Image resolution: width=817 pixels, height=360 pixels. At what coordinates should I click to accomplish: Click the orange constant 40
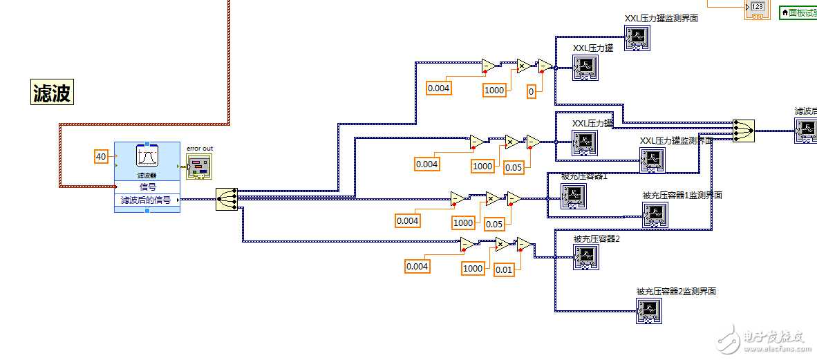[101, 157]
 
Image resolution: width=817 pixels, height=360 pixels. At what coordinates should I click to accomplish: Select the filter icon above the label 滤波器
[147, 158]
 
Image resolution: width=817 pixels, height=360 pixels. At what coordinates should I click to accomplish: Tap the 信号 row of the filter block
[147, 187]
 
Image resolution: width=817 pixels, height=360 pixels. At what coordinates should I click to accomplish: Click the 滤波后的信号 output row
[146, 200]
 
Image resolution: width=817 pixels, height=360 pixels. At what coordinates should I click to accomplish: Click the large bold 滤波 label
[52, 92]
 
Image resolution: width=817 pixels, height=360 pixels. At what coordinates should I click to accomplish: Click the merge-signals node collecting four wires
[744, 130]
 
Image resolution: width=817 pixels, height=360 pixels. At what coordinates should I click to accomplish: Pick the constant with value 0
[531, 91]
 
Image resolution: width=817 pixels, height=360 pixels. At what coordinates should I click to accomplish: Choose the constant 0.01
[504, 269]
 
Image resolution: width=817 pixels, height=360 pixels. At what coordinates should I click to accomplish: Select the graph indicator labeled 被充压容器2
[585, 257]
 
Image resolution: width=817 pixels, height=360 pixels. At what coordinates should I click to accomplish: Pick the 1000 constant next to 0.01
[473, 269]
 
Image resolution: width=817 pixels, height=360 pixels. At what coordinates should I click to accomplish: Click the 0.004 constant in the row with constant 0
[439, 88]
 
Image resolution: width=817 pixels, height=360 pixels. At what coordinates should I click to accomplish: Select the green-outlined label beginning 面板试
[798, 12]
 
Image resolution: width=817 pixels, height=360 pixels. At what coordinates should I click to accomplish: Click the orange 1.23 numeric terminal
[758, 8]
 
